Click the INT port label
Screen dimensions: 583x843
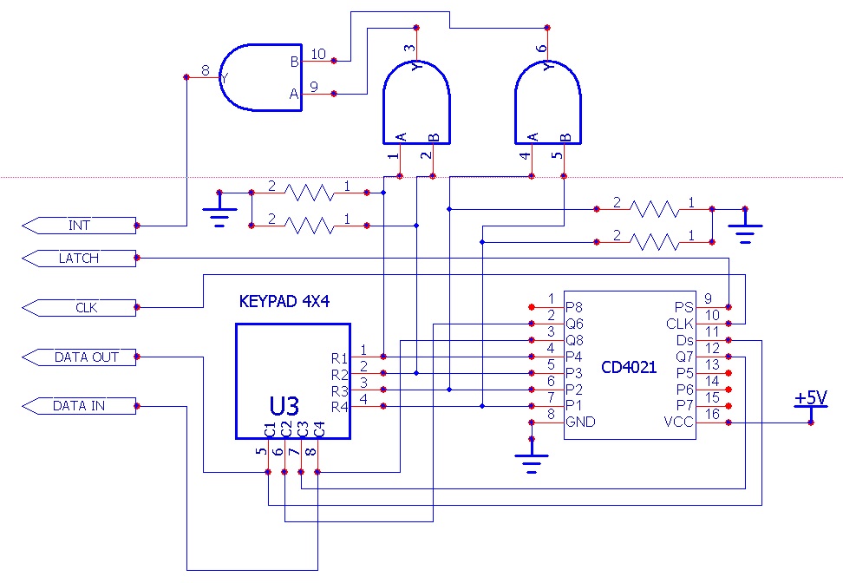click(79, 226)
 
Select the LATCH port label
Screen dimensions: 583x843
click(79, 258)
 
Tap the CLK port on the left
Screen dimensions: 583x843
click(79, 306)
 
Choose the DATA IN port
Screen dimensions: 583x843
click(79, 405)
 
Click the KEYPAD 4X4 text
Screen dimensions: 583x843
click(284, 303)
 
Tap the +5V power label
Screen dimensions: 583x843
click(811, 398)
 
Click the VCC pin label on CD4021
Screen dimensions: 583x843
click(678, 423)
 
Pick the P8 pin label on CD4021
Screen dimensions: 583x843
click(574, 307)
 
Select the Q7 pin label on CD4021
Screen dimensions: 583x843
click(683, 357)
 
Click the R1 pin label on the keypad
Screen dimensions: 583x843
click(339, 357)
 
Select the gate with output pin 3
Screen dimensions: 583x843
click(417, 106)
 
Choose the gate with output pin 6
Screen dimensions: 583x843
click(547, 106)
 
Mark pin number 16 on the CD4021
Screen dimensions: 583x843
click(711, 415)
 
